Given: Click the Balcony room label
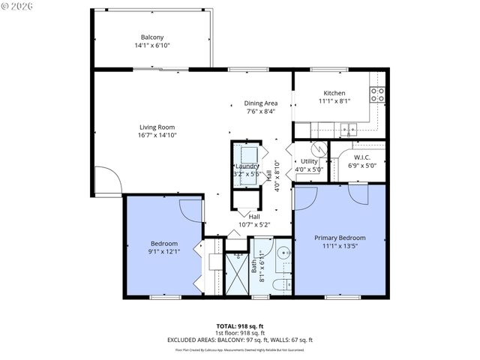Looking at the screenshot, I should pos(151,37).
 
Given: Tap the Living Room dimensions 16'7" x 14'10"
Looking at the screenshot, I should pos(157,136).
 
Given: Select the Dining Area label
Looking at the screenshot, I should pos(260,103).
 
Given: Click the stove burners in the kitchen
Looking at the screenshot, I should pos(378,94).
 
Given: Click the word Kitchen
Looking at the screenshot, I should pos(334,93).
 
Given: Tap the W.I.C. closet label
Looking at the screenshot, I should pos(363,157).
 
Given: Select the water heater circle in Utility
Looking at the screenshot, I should pos(316,148).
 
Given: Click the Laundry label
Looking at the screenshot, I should pos(247,166).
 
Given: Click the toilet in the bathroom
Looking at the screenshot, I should pos(279,283).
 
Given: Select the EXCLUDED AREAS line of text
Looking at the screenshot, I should pos(240,340).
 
